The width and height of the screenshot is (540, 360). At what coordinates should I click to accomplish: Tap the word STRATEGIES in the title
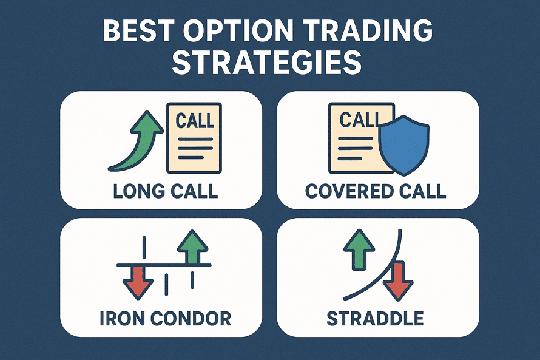[267, 63]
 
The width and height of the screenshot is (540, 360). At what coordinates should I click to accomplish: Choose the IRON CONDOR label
[165, 318]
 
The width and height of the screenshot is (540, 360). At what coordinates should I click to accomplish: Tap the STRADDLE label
[376, 318]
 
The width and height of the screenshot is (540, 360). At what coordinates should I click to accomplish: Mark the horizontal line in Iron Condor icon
[164, 266]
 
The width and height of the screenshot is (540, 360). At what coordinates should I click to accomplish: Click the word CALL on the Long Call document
[195, 120]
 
